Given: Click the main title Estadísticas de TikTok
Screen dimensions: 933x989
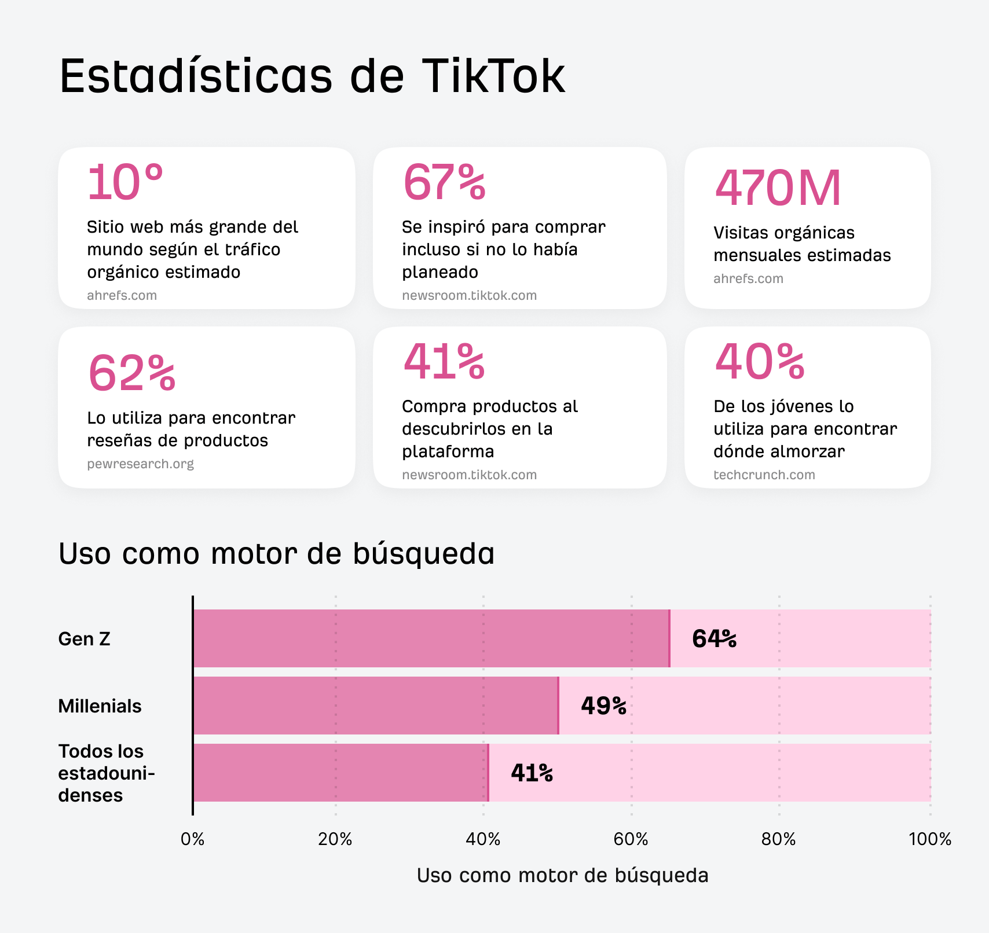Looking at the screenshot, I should [x=312, y=76].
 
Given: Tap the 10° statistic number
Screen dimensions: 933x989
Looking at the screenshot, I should [x=125, y=182].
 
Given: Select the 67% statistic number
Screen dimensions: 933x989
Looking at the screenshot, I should [x=444, y=182].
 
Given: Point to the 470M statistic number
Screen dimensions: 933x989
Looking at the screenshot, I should [x=778, y=188].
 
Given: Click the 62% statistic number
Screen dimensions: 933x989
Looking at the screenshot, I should [x=132, y=373].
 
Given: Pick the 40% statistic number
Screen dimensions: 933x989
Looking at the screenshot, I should [x=760, y=362].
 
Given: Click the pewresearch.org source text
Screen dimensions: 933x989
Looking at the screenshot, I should [x=140, y=464].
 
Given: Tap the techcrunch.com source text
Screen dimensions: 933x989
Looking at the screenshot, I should [x=764, y=475].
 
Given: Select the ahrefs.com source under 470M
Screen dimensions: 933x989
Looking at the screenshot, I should [x=748, y=278].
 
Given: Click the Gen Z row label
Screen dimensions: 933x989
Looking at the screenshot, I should [x=85, y=639].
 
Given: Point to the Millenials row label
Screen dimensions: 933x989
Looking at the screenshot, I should [x=100, y=706].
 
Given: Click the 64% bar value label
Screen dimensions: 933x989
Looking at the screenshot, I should [x=714, y=639].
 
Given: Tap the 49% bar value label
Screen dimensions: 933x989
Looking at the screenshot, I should [x=603, y=706].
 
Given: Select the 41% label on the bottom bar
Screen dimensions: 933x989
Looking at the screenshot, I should [x=532, y=773].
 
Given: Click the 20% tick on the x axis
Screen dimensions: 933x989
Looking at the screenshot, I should [x=335, y=839].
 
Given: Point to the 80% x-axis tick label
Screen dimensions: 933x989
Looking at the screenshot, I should [x=779, y=839].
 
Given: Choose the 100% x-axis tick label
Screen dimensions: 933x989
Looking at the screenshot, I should [x=930, y=839].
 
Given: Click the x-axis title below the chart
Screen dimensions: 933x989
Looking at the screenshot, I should [x=562, y=875].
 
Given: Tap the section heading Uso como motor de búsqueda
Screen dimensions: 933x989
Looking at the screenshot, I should [x=277, y=553].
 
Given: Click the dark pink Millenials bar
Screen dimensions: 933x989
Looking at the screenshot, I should [x=375, y=706].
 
